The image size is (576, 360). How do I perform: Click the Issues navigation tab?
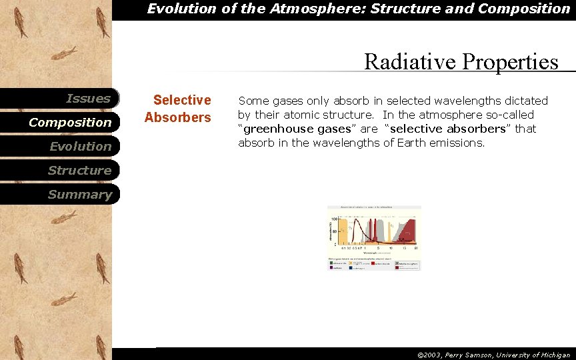click(x=88, y=99)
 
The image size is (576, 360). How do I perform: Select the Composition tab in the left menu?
click(x=70, y=123)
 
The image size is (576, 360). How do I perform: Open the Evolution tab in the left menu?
click(x=80, y=147)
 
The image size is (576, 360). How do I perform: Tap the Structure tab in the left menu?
click(x=79, y=171)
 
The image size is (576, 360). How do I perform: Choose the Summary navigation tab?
click(x=79, y=195)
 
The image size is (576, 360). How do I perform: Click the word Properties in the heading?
click(x=510, y=62)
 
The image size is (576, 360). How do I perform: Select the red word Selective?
click(x=181, y=100)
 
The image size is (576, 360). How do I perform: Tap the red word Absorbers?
click(x=177, y=117)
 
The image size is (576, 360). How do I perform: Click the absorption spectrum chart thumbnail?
click(x=374, y=237)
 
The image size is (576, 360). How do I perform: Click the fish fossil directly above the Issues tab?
click(x=65, y=53)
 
